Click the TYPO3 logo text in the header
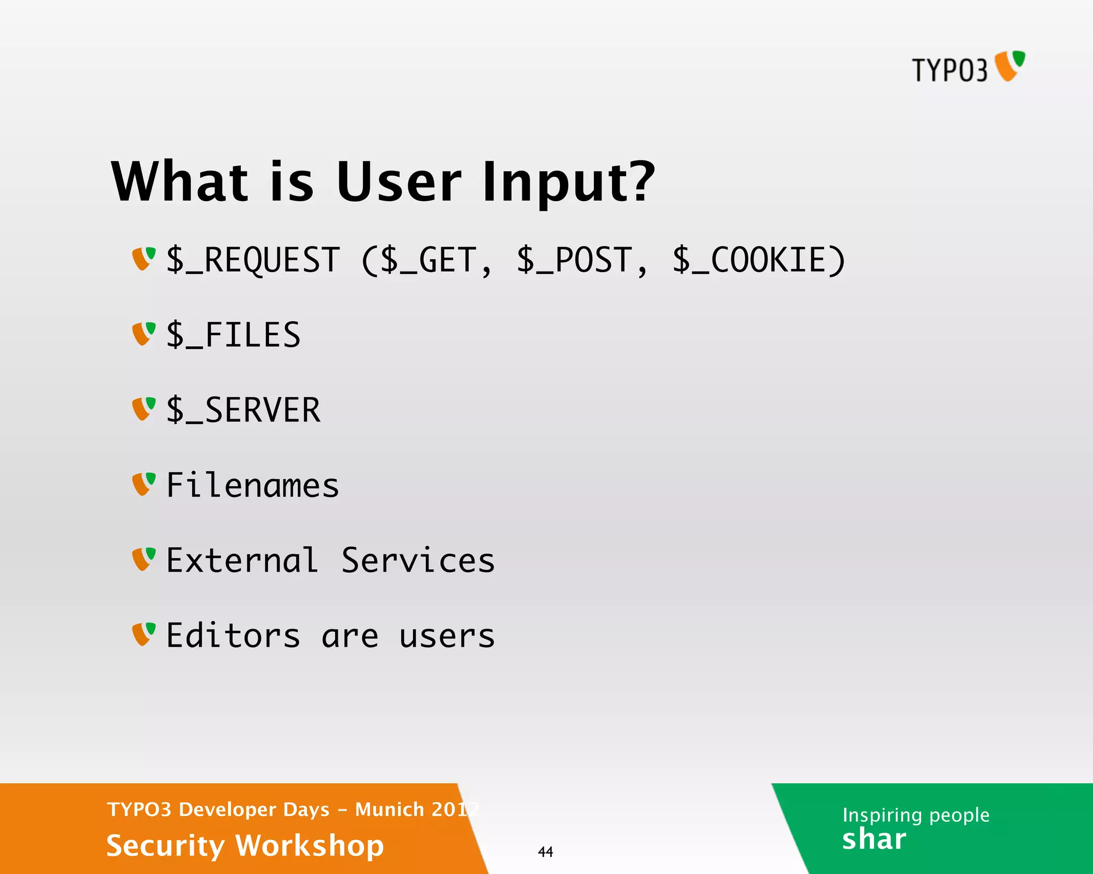click(949, 70)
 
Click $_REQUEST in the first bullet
click(253, 260)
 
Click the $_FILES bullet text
click(234, 335)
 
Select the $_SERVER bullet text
click(243, 410)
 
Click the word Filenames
click(252, 486)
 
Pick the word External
click(242, 561)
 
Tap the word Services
click(418, 561)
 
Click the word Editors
click(233, 635)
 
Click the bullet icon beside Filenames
click(144, 484)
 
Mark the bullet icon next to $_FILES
click(144, 333)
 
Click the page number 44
click(545, 852)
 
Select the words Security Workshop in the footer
click(245, 846)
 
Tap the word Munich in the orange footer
click(389, 809)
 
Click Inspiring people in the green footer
click(915, 815)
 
